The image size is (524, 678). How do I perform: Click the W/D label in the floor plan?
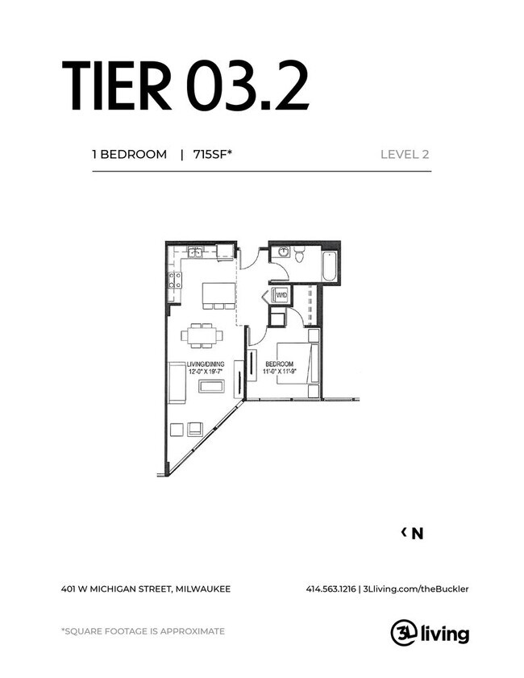click(x=281, y=296)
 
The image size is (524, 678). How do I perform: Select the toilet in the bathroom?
click(x=299, y=256)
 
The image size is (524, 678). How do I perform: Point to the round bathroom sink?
click(x=283, y=252)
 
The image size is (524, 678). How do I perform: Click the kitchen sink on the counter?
click(x=195, y=252)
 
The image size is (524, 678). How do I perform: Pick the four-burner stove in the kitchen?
click(x=173, y=281)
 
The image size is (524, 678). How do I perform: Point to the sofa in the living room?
click(x=177, y=382)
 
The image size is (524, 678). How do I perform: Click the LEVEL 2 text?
click(x=404, y=154)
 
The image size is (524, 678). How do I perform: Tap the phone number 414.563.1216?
click(x=331, y=589)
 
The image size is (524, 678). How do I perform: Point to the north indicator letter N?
click(x=417, y=533)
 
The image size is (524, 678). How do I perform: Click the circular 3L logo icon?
click(x=402, y=633)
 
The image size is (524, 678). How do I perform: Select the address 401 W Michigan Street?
click(x=145, y=589)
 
